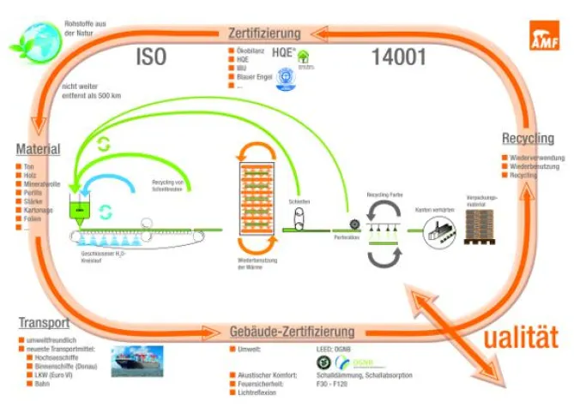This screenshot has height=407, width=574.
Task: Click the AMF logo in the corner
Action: (x=547, y=32)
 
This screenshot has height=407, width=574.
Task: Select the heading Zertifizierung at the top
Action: (x=264, y=34)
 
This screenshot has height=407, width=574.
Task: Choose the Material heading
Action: (x=38, y=149)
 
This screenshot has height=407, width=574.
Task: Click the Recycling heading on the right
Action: (x=528, y=139)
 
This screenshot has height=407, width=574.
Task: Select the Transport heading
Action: (x=43, y=323)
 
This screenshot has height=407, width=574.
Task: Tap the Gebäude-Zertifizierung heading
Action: (x=292, y=332)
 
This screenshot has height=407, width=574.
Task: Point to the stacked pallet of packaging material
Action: (x=486, y=226)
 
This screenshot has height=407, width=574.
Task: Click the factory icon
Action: (x=440, y=229)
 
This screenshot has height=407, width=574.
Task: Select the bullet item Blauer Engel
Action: (x=257, y=76)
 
